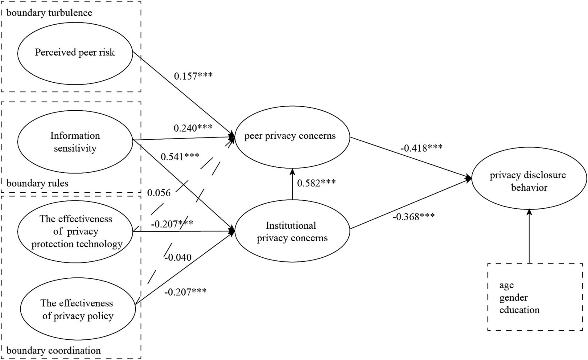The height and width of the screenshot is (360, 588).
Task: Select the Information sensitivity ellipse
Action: [x=75, y=142]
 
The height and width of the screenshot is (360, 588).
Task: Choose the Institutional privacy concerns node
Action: [x=292, y=231]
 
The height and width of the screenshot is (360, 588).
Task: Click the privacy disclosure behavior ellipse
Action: [x=529, y=181]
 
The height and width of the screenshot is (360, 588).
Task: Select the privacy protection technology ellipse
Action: [x=76, y=231]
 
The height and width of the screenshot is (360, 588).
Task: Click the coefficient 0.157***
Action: [x=193, y=76]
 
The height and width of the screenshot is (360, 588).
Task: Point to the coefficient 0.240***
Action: [x=193, y=128]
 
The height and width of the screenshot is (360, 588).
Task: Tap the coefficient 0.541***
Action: [x=180, y=157]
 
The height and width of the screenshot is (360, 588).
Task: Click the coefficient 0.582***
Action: [x=316, y=183]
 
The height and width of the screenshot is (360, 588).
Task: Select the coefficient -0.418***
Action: [x=421, y=148]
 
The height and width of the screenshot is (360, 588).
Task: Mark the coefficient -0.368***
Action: [x=413, y=217]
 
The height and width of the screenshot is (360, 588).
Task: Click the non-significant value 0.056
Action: [x=158, y=193]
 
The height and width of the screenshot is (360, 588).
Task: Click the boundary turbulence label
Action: [x=49, y=13]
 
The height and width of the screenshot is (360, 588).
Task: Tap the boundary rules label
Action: [x=37, y=183]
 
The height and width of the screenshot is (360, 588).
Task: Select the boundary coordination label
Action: [x=54, y=350]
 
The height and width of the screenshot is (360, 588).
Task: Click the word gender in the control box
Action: [x=513, y=298]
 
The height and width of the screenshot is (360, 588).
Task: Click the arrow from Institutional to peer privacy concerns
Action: [x=292, y=184]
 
